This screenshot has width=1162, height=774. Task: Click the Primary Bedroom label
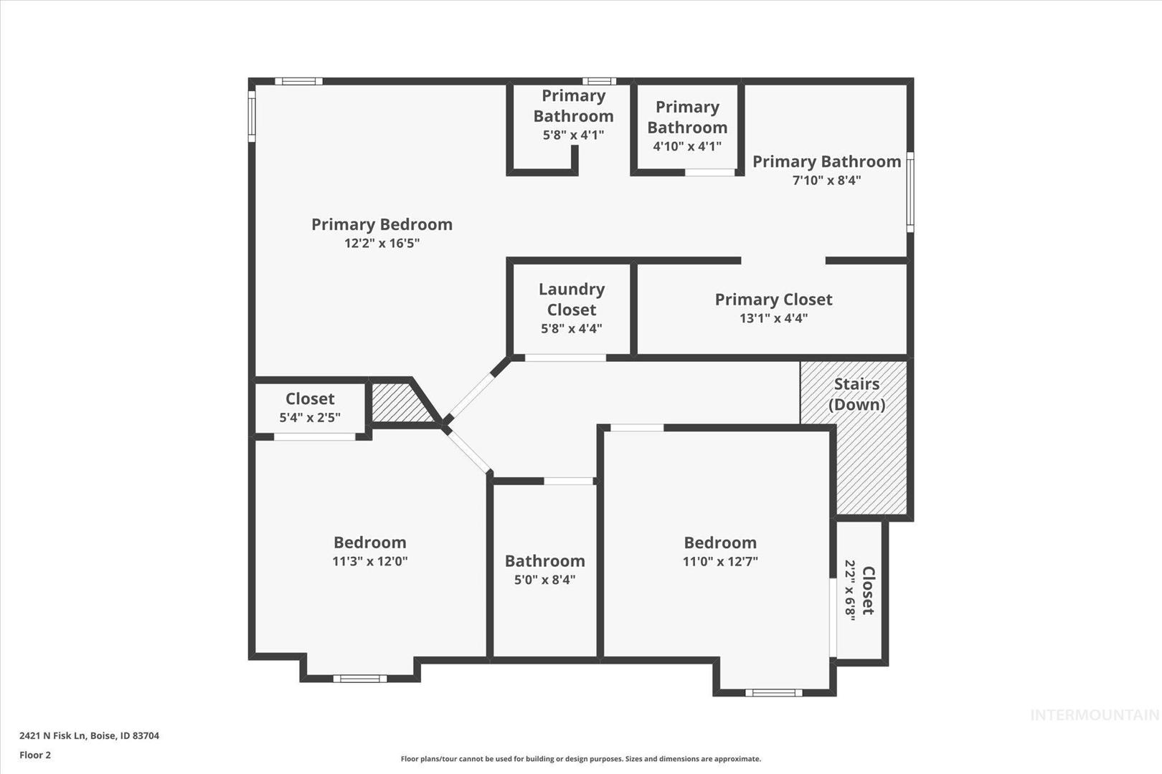click(382, 224)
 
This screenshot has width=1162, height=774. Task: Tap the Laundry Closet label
click(572, 299)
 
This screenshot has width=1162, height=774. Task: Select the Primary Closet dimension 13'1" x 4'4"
click(773, 318)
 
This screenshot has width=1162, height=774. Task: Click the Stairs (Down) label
click(856, 394)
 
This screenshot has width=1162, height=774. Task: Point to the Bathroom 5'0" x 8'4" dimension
click(544, 580)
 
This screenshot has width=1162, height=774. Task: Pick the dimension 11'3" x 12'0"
click(370, 561)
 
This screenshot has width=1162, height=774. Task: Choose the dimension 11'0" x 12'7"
click(720, 561)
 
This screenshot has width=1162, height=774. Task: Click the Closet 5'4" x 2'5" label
click(310, 408)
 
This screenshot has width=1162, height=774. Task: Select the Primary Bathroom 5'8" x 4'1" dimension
click(573, 135)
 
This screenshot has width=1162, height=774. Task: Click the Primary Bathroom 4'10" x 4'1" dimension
click(687, 147)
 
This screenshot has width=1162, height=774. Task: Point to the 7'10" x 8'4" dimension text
click(826, 181)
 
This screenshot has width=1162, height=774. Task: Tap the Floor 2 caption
click(35, 755)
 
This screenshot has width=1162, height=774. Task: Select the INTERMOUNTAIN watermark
click(1095, 715)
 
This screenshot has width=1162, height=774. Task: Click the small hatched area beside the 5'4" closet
click(400, 402)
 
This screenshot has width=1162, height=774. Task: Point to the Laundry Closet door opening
click(565, 358)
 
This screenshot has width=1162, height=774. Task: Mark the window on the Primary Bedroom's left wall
click(252, 116)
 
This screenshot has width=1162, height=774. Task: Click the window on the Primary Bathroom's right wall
click(910, 192)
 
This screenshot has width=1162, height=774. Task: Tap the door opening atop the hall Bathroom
click(569, 481)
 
